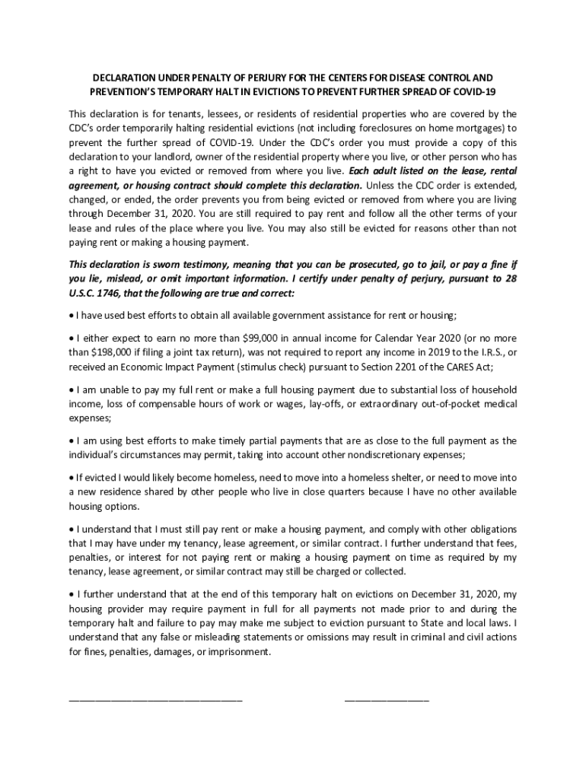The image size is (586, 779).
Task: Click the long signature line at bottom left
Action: coord(155,698)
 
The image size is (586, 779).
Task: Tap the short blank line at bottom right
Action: coord(387,698)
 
